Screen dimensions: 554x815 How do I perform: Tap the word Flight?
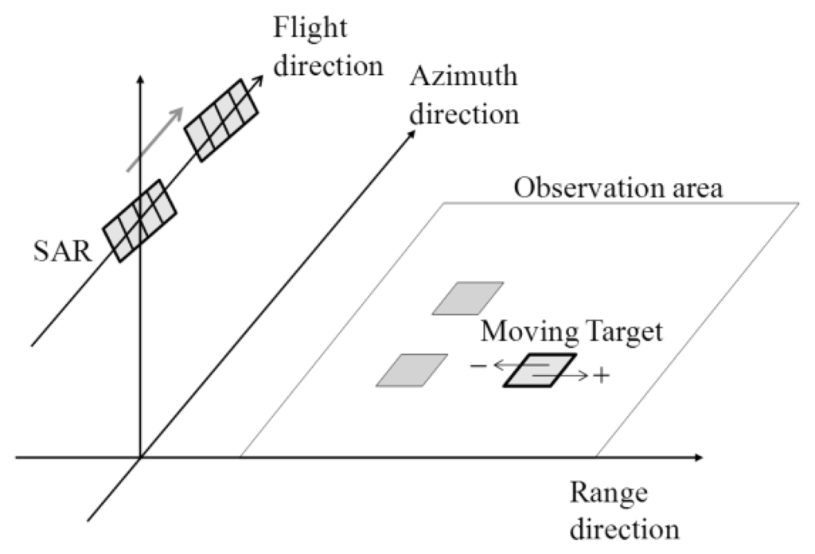tap(310, 29)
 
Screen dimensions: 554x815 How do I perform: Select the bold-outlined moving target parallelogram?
tap(539, 371)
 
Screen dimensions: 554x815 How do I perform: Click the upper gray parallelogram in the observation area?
tap(468, 298)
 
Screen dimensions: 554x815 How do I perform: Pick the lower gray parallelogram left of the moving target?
tap(411, 370)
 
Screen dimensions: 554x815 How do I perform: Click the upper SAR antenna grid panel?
tap(221, 120)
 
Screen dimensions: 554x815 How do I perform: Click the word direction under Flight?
tap(327, 64)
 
